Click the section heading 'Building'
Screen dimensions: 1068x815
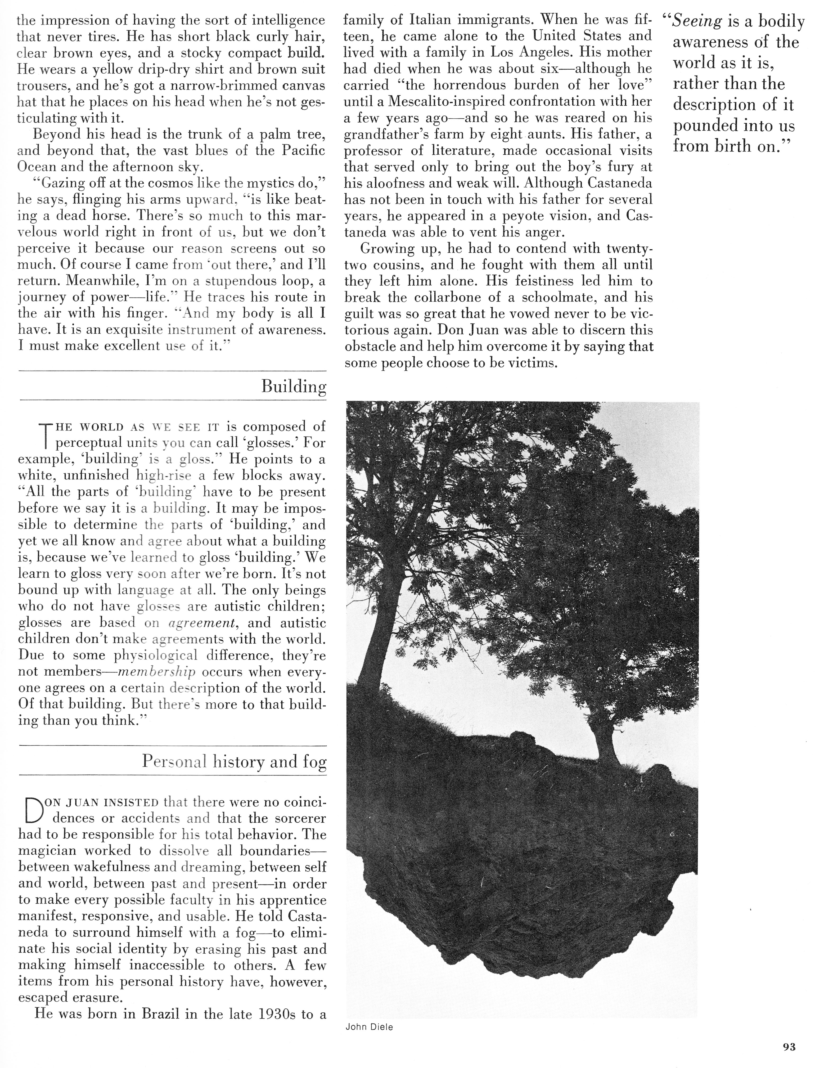point(294,387)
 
